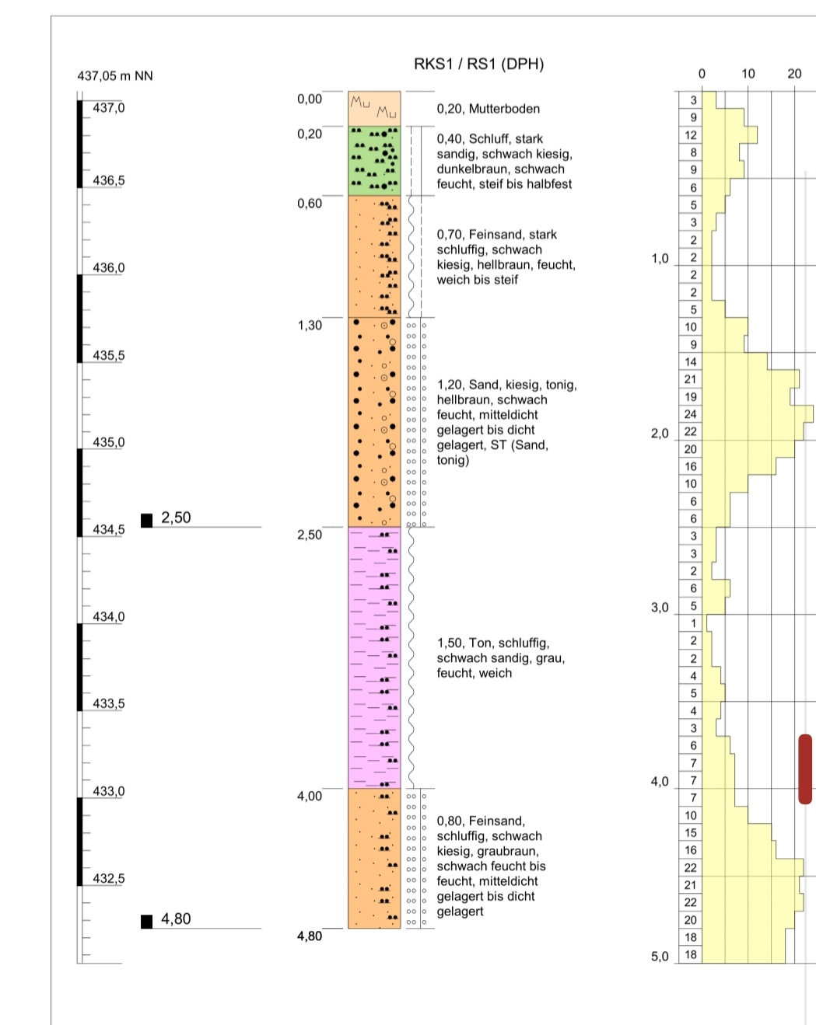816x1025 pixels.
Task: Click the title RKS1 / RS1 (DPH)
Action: (x=478, y=64)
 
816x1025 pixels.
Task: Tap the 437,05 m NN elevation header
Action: (x=115, y=76)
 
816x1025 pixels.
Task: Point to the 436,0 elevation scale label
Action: (x=109, y=268)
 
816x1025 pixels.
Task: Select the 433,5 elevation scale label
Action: (x=109, y=704)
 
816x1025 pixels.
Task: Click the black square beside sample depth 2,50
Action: (x=147, y=520)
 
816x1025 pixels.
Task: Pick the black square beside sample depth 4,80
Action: (x=147, y=922)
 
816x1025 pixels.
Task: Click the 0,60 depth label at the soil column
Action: (x=310, y=204)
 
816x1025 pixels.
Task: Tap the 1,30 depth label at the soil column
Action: (x=310, y=326)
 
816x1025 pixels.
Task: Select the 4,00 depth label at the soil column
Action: (x=310, y=797)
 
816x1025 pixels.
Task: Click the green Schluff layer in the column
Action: (x=374, y=161)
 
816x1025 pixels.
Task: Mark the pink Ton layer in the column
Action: (x=374, y=657)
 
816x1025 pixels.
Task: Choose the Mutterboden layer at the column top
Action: (x=374, y=109)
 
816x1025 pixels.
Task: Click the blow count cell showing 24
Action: (x=691, y=414)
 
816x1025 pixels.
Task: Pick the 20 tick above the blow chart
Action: (x=794, y=74)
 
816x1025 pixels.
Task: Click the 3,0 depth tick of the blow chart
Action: (x=660, y=608)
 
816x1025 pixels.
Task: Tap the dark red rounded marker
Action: (x=805, y=769)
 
